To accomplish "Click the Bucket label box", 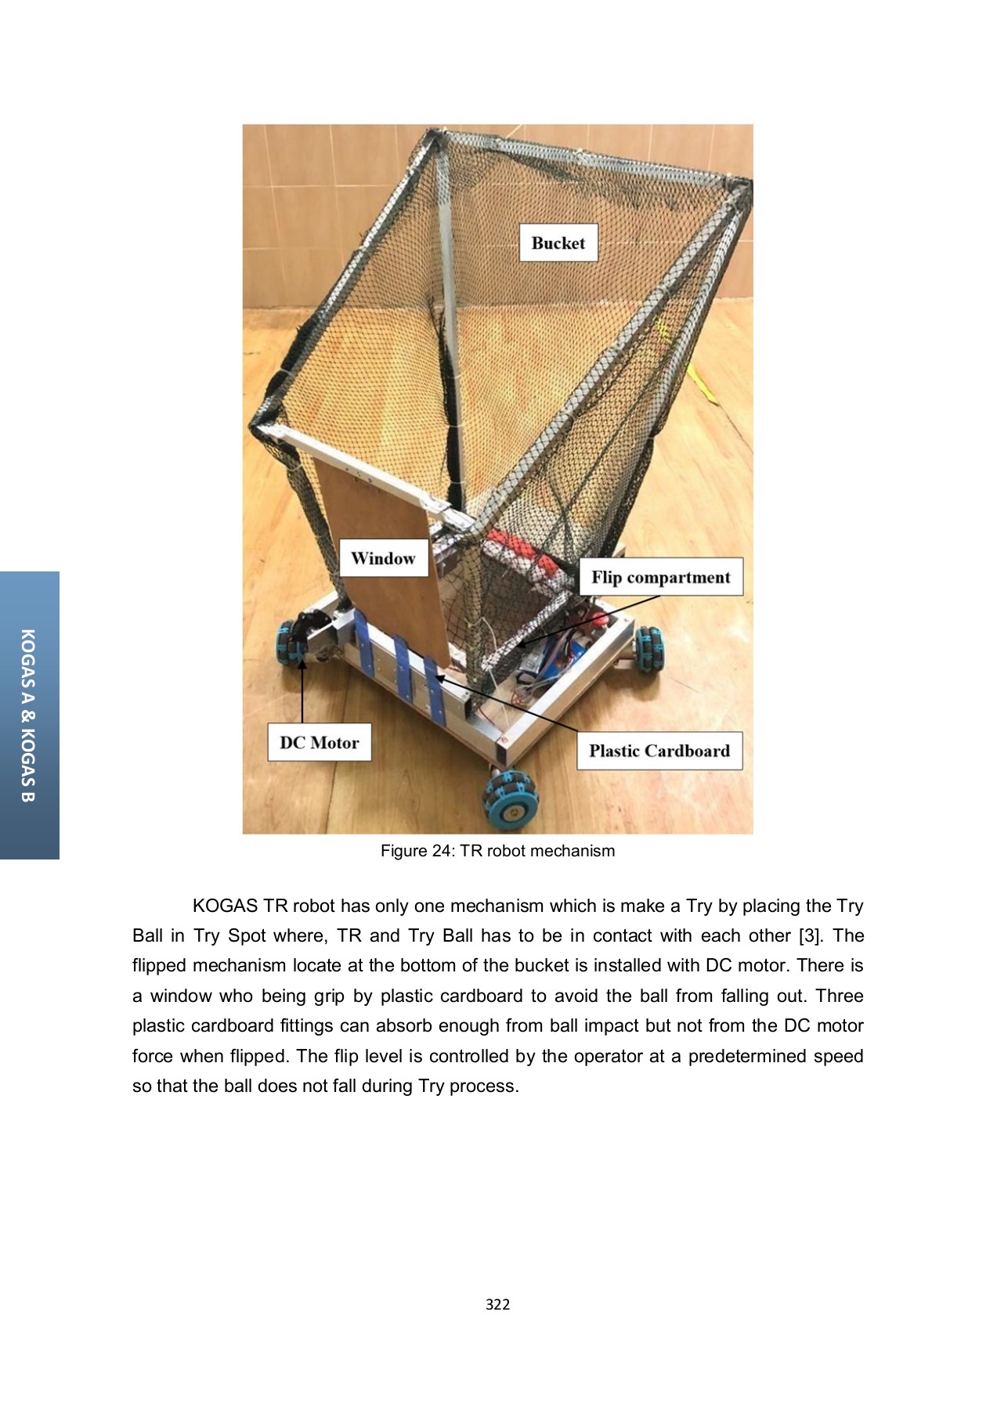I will [x=558, y=243].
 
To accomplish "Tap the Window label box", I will [x=383, y=558].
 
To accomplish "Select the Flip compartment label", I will [x=660, y=577].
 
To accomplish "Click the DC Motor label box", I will [x=319, y=742].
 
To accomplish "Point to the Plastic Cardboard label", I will [x=659, y=751].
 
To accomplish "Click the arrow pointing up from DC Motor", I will [x=302, y=689].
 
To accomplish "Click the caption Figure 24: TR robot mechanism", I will [x=497, y=851].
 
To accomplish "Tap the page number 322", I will [x=497, y=1304].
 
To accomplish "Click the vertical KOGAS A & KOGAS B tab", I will [x=29, y=715].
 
